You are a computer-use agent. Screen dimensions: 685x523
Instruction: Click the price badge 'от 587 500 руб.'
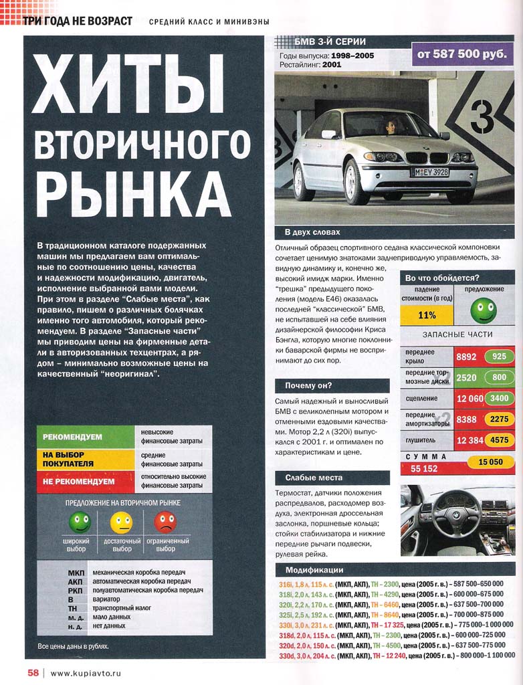462,52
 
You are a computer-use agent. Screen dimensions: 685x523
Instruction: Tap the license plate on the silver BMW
429,172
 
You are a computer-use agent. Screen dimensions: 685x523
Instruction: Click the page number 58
33,672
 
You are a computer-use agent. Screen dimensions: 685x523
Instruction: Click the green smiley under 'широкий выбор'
80,522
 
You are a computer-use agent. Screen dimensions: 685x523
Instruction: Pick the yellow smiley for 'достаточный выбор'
121,522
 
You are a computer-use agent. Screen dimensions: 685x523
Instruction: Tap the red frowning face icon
165,522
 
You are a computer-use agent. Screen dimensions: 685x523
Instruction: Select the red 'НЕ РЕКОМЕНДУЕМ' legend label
79,481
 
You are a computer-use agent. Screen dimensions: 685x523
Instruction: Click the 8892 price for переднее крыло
466,357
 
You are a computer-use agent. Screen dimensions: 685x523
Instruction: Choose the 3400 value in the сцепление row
498,399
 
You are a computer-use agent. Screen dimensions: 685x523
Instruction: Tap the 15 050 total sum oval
490,462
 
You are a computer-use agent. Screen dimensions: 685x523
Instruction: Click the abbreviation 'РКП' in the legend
76,591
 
